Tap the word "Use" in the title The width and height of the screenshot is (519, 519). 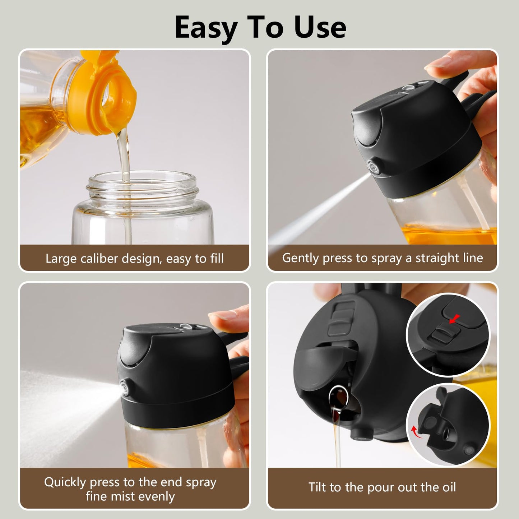pyautogui.click(x=320, y=28)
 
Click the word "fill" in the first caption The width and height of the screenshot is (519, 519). pyautogui.click(x=216, y=258)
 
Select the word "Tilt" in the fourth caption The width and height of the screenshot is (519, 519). pyautogui.click(x=317, y=487)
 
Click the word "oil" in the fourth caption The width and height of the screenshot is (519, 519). pyautogui.click(x=448, y=487)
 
